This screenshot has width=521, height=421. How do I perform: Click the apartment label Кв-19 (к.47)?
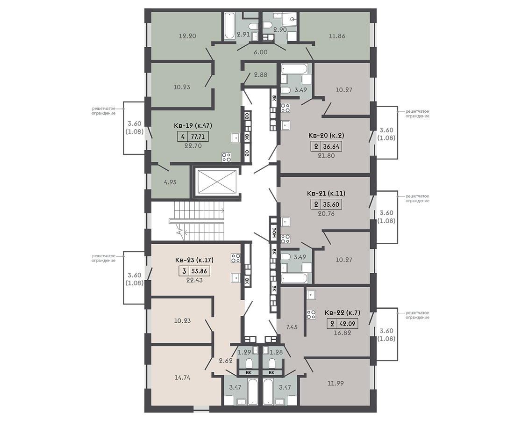[193, 126]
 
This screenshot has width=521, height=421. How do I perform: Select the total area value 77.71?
[198, 136]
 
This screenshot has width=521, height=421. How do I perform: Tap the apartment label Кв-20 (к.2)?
[326, 136]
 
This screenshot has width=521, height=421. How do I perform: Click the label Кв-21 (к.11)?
[326, 194]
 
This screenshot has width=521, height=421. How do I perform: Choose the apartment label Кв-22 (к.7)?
[342, 312]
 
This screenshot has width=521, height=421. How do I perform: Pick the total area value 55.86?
[200, 271]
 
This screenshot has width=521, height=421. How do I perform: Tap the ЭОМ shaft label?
[273, 233]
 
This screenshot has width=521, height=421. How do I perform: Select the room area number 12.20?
[187, 36]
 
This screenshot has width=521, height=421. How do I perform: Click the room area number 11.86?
[336, 36]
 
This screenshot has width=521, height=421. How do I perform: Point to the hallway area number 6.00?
[261, 52]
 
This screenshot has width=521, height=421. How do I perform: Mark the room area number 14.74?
[182, 377]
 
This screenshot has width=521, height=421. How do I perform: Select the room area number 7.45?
[292, 327]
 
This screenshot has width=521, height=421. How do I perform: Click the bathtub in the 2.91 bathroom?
[229, 26]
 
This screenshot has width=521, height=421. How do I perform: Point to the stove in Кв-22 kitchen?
[311, 314]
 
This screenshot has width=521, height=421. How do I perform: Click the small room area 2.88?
[261, 75]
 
